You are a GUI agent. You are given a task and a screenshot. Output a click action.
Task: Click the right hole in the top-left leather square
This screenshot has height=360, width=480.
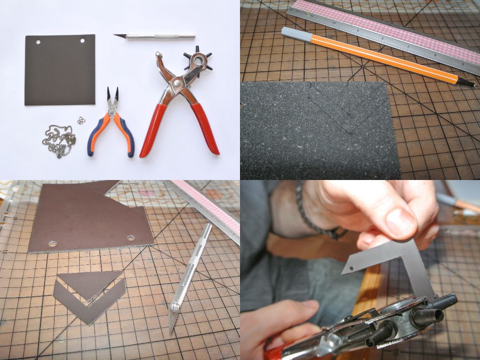[82, 41]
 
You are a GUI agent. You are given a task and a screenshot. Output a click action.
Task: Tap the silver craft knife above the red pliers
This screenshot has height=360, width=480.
[155, 36]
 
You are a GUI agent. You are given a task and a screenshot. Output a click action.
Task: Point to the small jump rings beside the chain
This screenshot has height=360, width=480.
[82, 120]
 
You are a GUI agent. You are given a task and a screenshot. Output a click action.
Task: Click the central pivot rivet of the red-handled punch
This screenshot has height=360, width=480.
[176, 84]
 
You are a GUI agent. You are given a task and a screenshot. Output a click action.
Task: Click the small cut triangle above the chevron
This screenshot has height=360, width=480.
[89, 280]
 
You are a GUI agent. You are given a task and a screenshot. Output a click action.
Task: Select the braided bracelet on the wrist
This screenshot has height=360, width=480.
[314, 211]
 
